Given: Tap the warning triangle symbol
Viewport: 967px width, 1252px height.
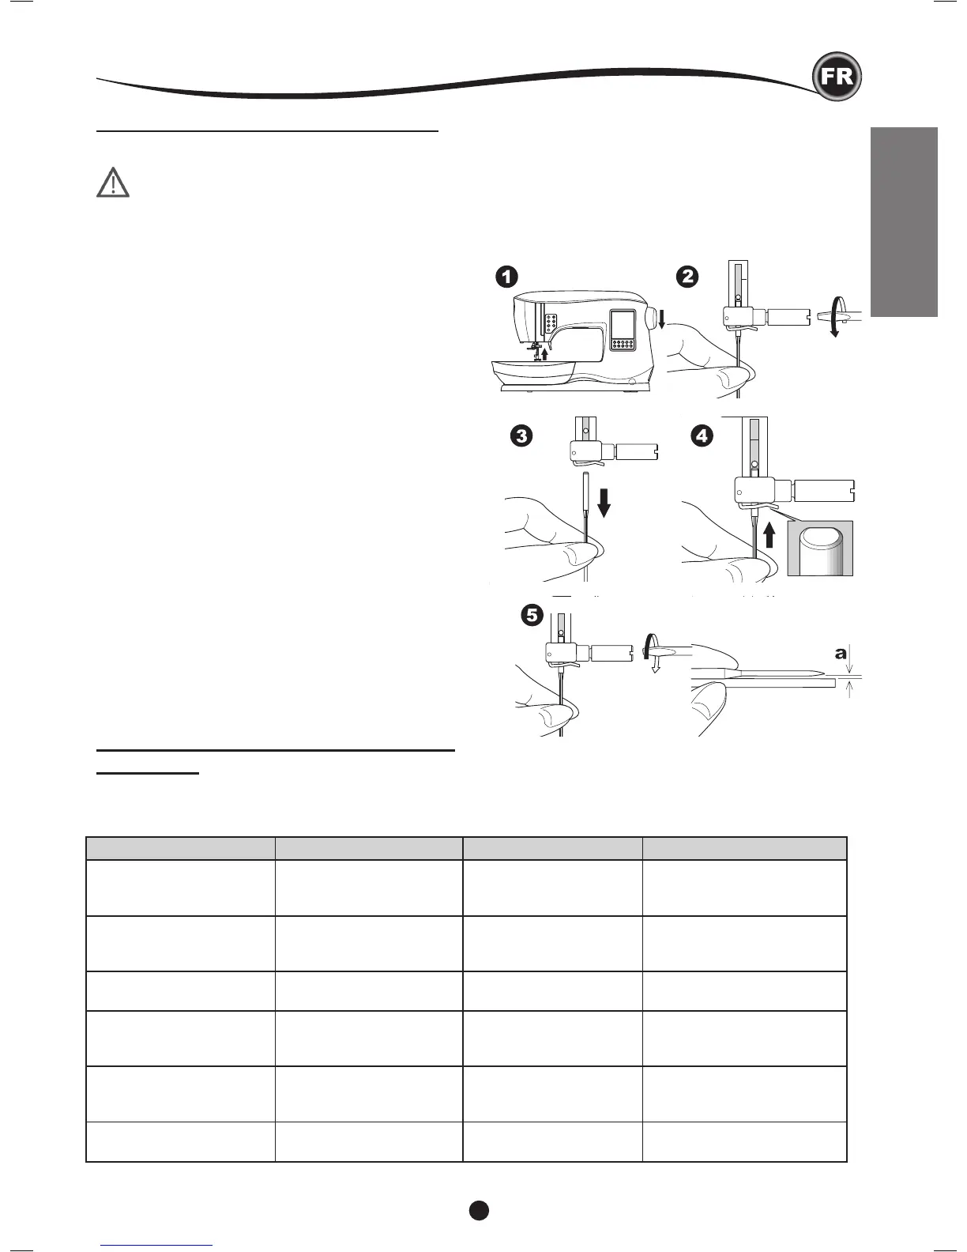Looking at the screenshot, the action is click(113, 183).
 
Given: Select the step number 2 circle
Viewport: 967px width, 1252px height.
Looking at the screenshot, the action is click(687, 277).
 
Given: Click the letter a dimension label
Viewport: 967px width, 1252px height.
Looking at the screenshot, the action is click(841, 654).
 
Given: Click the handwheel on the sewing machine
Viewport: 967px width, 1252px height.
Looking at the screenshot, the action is click(651, 318).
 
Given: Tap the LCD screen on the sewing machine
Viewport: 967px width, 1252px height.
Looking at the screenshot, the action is click(623, 324).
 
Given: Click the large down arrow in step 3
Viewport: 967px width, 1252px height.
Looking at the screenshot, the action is click(604, 500).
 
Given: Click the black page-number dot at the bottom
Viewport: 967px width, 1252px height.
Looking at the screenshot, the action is click(478, 1209).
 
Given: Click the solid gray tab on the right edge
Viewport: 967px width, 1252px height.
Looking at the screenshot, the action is click(904, 221).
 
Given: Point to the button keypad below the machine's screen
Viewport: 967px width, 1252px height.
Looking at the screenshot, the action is click(624, 345).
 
